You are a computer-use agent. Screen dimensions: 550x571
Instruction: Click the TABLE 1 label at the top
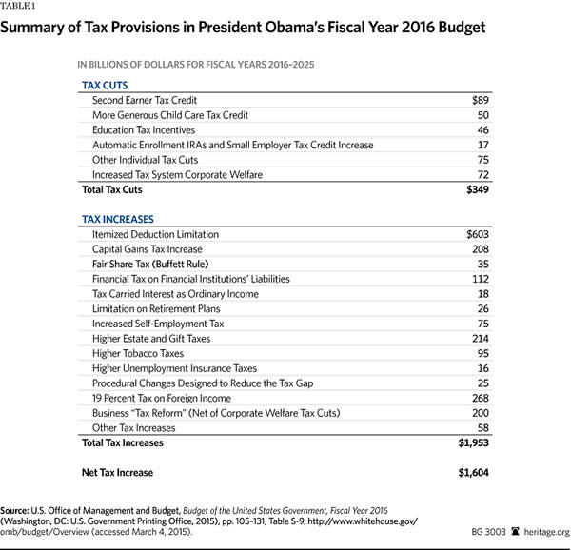point(23,8)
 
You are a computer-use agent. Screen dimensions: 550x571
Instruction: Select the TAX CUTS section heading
point(105,84)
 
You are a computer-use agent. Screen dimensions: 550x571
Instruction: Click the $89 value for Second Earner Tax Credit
point(480,100)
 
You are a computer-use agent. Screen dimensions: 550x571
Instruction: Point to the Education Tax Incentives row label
point(144,129)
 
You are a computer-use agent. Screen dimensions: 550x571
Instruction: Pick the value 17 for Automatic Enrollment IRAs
point(482,145)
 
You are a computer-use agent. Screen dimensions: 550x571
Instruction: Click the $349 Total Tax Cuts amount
point(476,190)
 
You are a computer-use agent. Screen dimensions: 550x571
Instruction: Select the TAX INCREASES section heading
point(118,219)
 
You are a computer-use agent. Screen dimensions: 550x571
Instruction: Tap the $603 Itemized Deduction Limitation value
point(476,234)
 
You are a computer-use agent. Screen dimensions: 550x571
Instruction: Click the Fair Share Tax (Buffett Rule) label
point(150,264)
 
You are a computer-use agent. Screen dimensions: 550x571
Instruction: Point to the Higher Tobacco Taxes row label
point(138,353)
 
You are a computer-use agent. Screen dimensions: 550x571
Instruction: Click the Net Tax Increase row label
point(118,472)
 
